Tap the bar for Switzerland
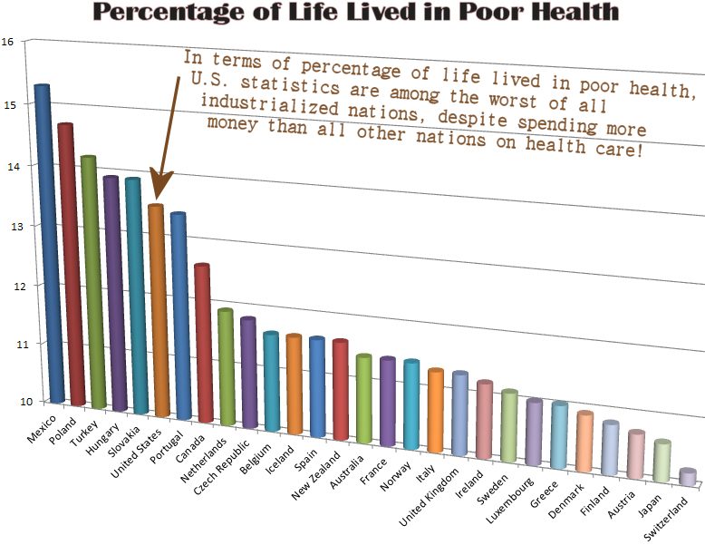coord(688,477)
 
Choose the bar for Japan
coord(662,462)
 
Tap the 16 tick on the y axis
coord(8,42)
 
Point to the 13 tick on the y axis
coord(8,225)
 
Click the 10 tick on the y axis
coord(8,402)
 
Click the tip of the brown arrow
coord(155,197)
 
